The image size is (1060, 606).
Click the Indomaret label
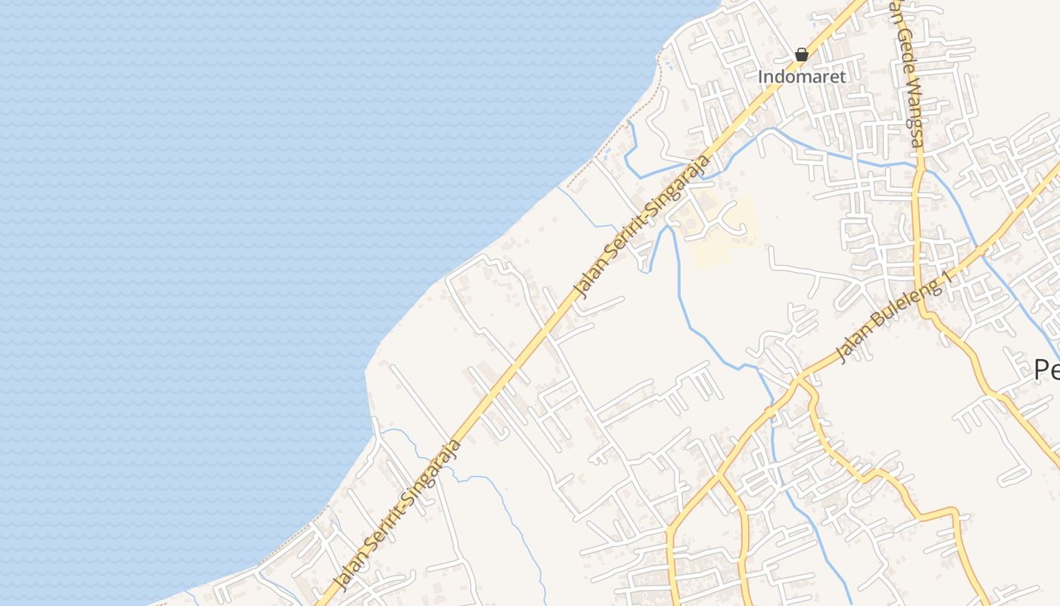click(802, 77)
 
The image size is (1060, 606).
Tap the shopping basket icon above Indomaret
click(802, 55)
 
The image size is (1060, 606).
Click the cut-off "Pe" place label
click(1047, 370)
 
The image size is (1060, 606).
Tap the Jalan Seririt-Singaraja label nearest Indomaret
click(644, 226)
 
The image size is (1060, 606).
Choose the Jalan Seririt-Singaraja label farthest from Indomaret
click(398, 515)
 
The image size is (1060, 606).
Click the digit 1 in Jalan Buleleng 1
click(944, 283)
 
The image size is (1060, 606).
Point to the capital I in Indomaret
click(762, 77)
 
